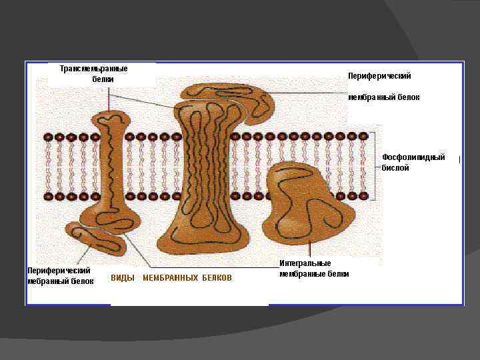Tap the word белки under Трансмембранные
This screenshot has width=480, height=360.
tap(103, 79)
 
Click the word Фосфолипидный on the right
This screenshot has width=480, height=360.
tap(413, 157)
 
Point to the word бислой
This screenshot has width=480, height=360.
tap(395, 168)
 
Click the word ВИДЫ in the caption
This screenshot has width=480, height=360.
tap(123, 278)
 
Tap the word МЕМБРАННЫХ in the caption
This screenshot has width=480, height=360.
tap(170, 278)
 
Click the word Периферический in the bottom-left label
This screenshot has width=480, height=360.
tap(59, 271)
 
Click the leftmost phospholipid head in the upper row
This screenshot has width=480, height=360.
tap(48, 137)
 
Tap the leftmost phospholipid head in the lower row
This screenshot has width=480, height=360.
tap(48, 197)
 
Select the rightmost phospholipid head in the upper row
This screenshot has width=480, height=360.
tap(363, 137)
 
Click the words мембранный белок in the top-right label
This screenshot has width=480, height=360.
tap(384, 97)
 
